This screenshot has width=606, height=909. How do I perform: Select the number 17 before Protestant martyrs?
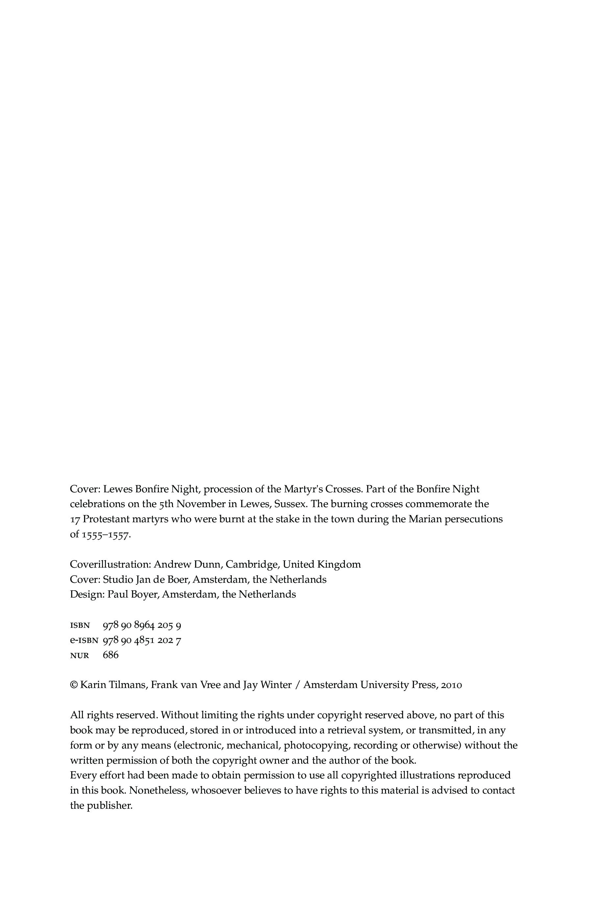[x=75, y=519]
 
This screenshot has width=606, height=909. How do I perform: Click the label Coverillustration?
[x=110, y=565]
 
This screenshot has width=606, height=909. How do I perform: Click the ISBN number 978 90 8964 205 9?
[x=142, y=625]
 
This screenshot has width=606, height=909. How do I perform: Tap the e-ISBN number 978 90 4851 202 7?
[x=142, y=640]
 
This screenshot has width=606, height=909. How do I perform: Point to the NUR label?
[x=80, y=655]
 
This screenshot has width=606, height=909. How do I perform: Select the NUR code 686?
[x=110, y=655]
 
